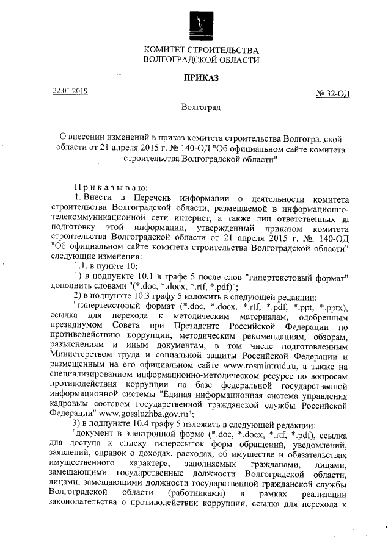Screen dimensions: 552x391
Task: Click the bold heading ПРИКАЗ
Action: [201, 77]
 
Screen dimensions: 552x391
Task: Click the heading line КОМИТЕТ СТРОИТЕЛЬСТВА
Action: [201, 50]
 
